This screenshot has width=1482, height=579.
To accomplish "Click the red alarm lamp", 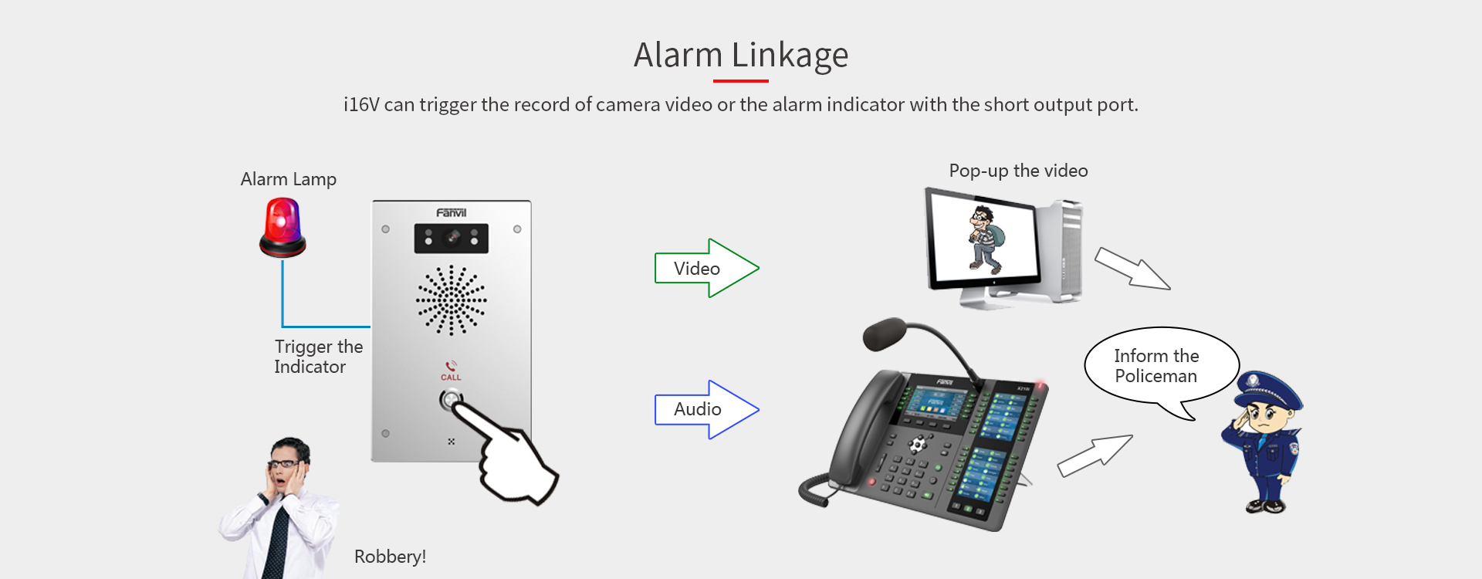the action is click(x=283, y=227).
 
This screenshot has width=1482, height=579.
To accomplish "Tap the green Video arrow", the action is click(x=706, y=268).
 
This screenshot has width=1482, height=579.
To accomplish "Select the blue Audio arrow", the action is click(x=706, y=409).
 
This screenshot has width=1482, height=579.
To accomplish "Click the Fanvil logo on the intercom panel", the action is click(x=452, y=212).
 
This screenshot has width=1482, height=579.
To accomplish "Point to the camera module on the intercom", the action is click(x=452, y=239).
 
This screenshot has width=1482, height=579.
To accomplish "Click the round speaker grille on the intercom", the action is click(x=452, y=300).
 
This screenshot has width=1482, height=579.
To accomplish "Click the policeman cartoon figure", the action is click(x=1263, y=442).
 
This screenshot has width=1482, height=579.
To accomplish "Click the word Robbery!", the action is click(x=390, y=557).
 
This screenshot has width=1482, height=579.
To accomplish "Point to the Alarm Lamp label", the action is click(x=288, y=179).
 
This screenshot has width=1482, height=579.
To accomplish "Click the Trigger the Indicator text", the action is click(x=318, y=357).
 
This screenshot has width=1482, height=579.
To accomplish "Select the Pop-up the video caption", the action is click(x=1018, y=171).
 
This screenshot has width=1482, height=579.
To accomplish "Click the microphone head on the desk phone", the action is click(x=885, y=334).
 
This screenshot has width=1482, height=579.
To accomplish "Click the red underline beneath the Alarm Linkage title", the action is click(x=741, y=80).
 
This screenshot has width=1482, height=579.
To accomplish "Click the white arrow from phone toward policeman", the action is click(x=1095, y=455).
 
